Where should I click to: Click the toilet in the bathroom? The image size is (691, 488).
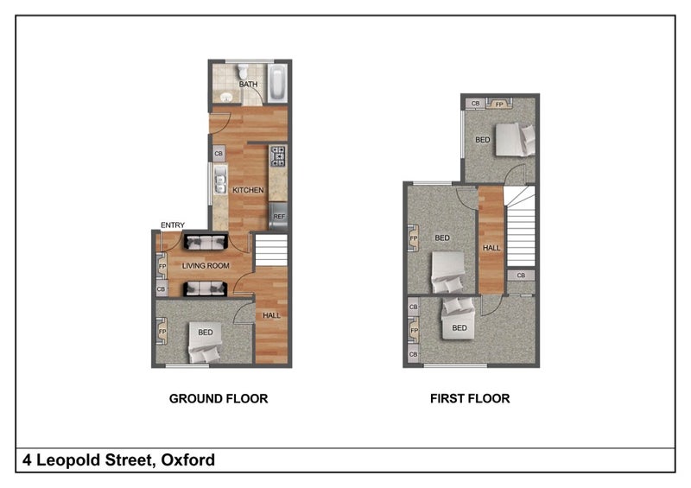click(x=243, y=71)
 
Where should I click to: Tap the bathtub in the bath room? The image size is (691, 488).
click(x=277, y=83)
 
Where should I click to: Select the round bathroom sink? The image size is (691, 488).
click(x=226, y=97)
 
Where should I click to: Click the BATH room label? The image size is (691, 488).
click(x=248, y=84)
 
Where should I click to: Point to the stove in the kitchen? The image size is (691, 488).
click(x=278, y=156)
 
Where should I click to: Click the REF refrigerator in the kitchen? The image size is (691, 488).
click(x=278, y=216)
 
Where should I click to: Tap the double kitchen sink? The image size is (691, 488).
click(x=220, y=180)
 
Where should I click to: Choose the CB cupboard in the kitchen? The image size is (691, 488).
click(x=219, y=154)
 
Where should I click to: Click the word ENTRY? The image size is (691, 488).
click(x=173, y=225)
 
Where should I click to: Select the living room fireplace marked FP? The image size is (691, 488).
click(x=162, y=266)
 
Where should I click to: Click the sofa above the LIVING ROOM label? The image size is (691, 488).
click(x=205, y=242)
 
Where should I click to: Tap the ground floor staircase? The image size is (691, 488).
click(x=271, y=250)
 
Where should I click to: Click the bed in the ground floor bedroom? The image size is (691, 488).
click(x=205, y=343)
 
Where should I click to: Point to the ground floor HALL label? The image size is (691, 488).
click(x=271, y=315)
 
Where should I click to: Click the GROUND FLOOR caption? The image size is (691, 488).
click(x=219, y=398)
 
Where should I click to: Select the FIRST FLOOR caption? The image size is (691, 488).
click(x=470, y=398)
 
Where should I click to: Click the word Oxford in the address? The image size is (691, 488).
click(x=188, y=459)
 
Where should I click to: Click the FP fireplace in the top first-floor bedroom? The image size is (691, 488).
click(x=499, y=104)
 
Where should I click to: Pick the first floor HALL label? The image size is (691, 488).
click(x=491, y=248)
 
